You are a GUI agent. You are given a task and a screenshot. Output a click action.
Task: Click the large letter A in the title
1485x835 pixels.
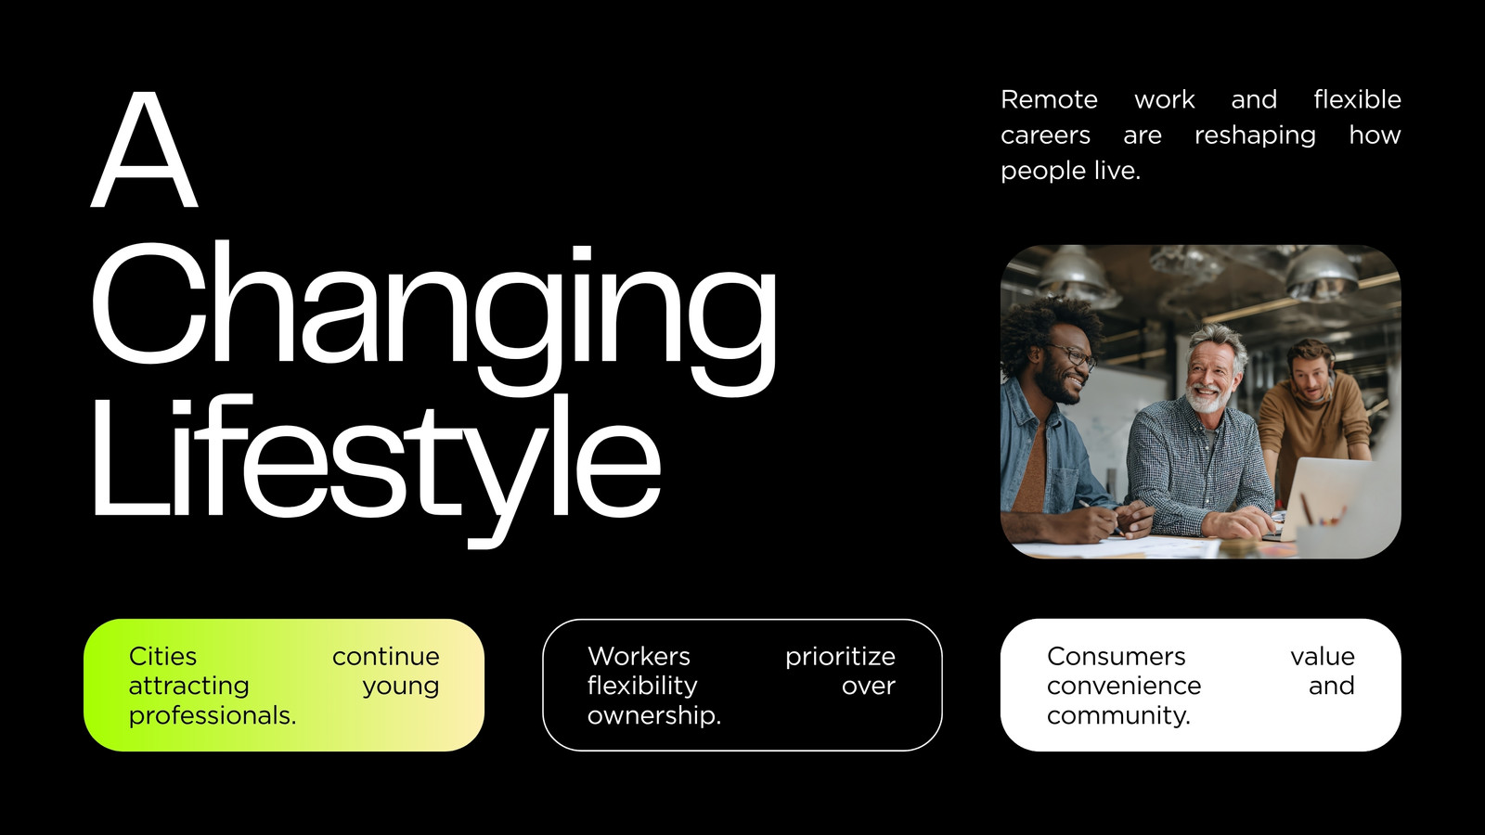[x=144, y=149]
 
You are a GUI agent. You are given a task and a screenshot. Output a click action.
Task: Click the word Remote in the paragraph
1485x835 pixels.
[x=1049, y=99]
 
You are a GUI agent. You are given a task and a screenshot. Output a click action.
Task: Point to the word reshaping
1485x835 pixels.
[x=1255, y=136]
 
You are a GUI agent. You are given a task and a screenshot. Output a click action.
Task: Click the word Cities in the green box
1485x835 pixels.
[x=162, y=656]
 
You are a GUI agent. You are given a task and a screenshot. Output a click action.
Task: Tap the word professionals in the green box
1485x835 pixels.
[x=212, y=715]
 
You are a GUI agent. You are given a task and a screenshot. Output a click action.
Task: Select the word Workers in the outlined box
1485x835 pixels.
[x=639, y=656]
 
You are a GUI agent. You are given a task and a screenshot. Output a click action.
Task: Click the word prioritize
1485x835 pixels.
[x=840, y=657]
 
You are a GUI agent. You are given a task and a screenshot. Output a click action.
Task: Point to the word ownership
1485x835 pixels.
[x=653, y=715]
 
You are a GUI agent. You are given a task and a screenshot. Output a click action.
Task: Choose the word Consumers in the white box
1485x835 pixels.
[x=1116, y=656]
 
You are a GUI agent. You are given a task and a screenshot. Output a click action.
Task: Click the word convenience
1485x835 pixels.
[x=1124, y=686]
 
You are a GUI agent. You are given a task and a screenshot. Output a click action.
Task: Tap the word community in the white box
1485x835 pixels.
[x=1117, y=715]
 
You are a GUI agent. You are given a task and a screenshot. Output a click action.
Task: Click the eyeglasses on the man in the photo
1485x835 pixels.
[x=1075, y=356]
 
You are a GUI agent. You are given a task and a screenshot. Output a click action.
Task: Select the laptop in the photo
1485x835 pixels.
[x=1333, y=497]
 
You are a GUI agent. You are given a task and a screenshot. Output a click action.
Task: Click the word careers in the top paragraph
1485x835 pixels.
[x=1045, y=135]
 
